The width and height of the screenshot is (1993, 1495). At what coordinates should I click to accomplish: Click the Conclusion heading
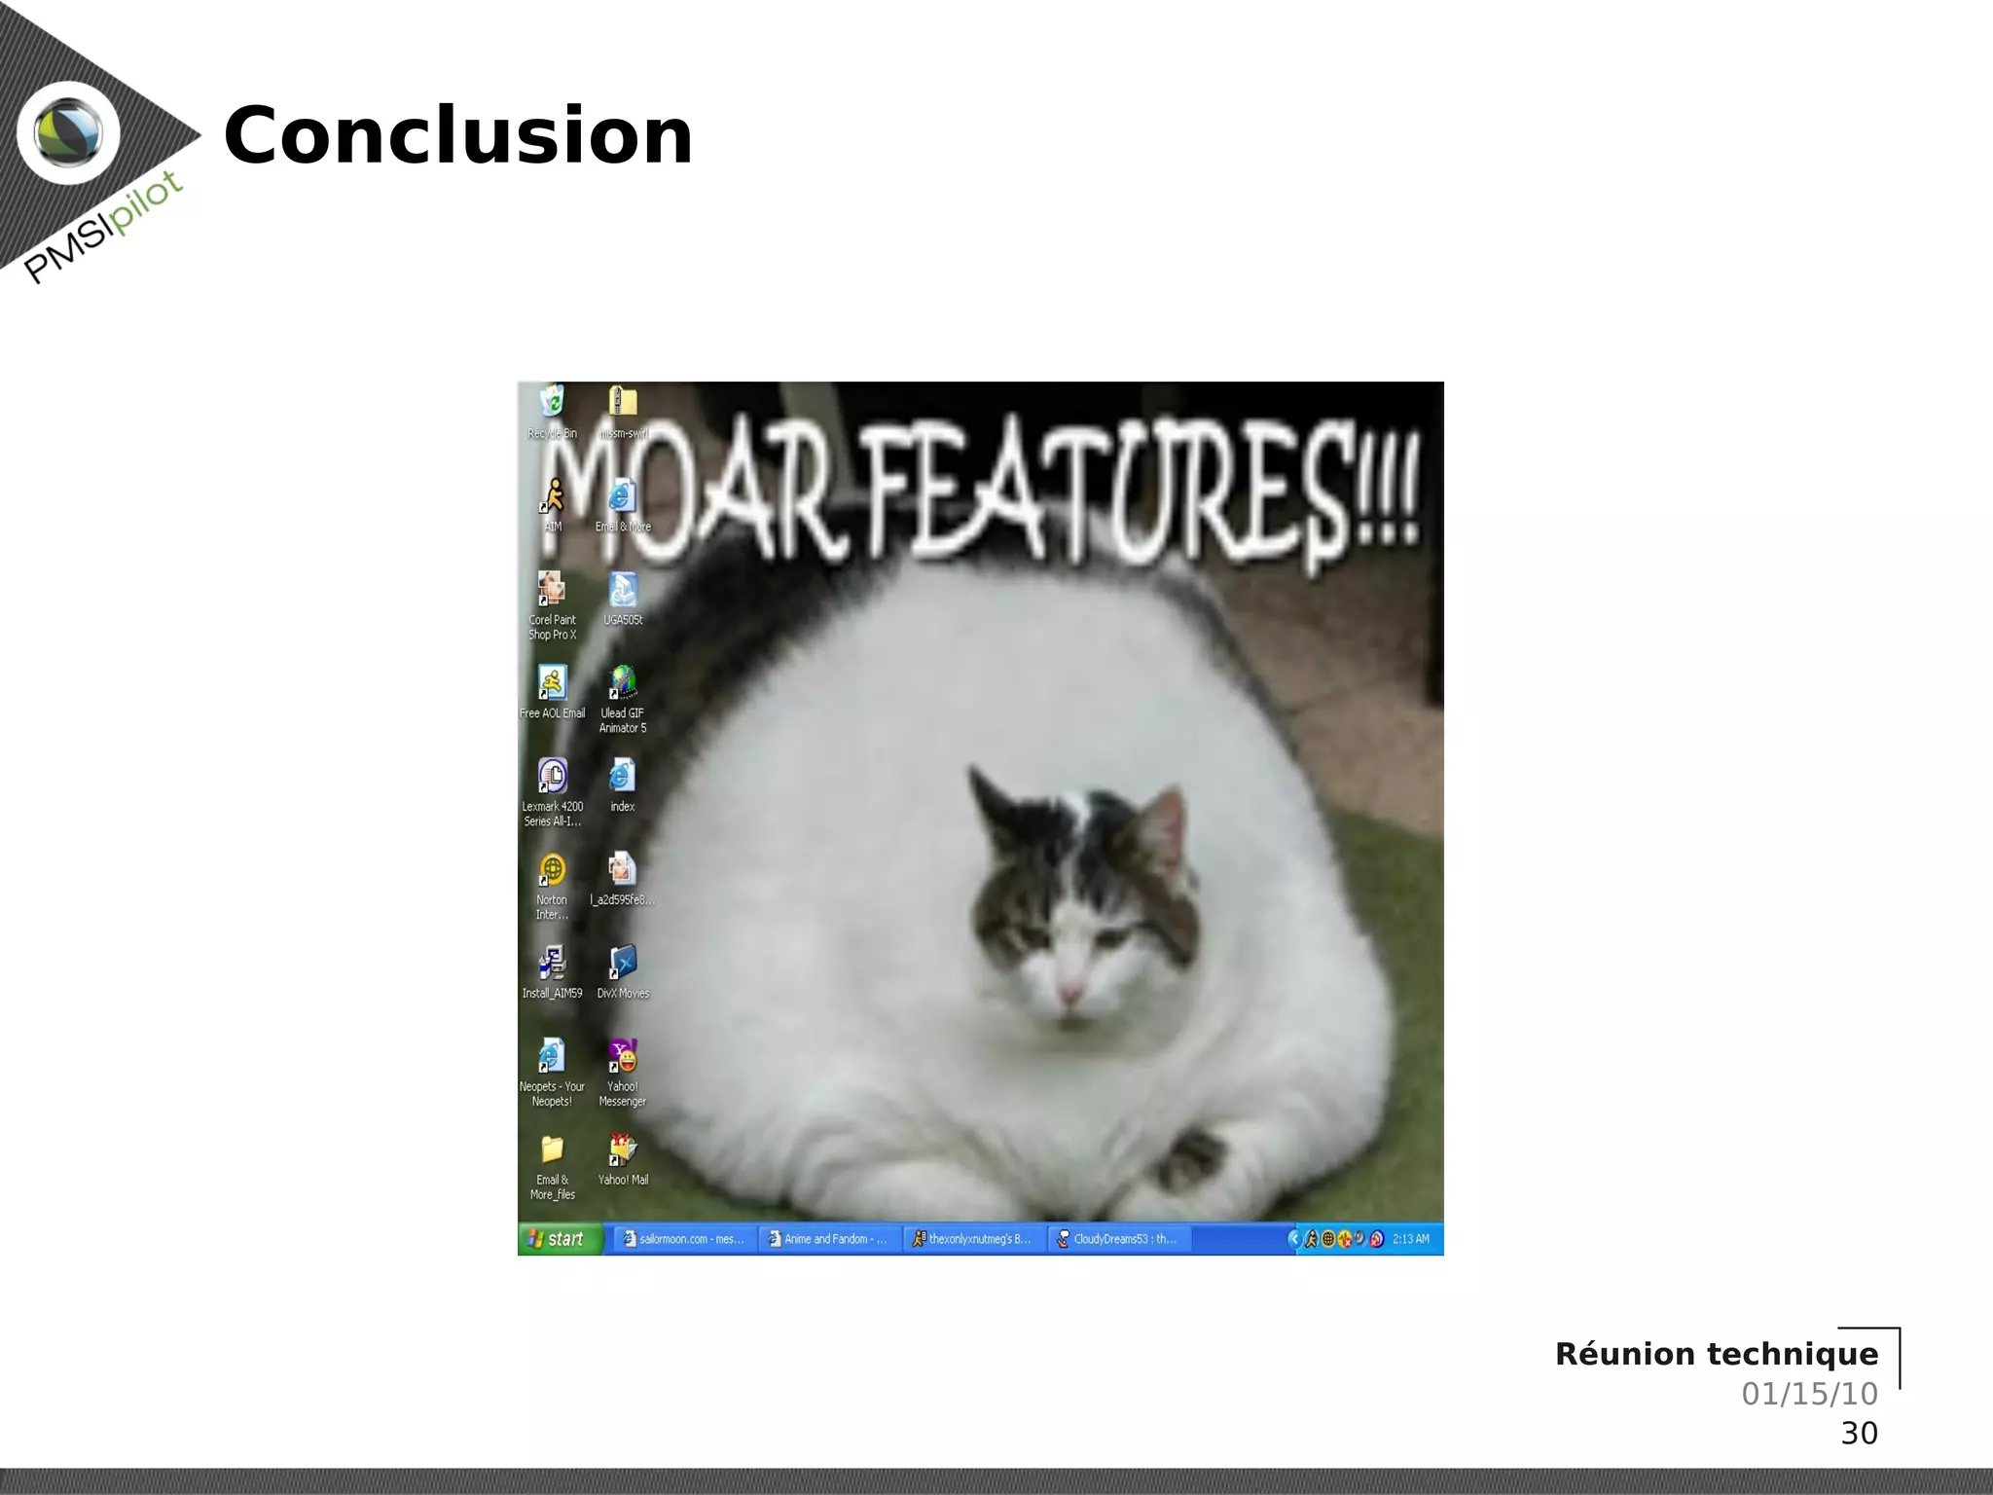tap(457, 136)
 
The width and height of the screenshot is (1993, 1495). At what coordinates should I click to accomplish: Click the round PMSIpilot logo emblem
tap(68, 133)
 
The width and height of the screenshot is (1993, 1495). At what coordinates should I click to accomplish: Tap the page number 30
tap(1859, 1433)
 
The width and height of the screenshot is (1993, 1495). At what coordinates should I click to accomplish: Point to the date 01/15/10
tap(1809, 1394)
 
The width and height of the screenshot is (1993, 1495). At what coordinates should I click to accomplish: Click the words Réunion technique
tap(1716, 1354)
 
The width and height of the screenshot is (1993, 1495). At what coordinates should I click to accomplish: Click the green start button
tap(560, 1239)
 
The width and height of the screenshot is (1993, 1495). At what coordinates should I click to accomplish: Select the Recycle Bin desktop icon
tap(552, 402)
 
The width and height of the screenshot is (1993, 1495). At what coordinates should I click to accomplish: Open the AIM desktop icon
tap(553, 497)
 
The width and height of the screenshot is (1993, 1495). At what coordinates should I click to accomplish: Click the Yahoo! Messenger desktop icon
tap(623, 1058)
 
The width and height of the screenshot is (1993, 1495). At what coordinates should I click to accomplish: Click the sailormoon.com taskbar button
tap(683, 1239)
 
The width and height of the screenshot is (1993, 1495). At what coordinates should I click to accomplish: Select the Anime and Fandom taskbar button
tap(829, 1239)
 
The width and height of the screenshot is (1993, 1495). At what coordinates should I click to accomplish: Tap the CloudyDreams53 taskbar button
tap(1119, 1239)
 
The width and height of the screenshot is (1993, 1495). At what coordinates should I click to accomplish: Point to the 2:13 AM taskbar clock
tap(1410, 1239)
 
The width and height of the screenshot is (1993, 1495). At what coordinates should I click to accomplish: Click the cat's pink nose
tap(1069, 995)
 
